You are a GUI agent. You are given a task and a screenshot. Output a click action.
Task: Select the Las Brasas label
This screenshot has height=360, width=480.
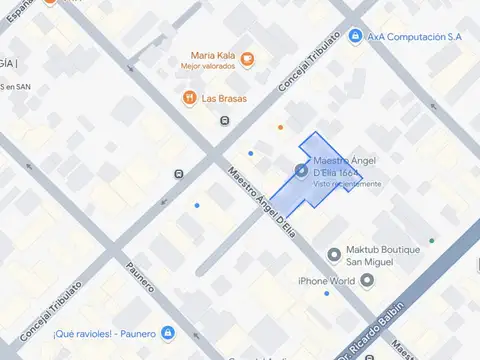224,98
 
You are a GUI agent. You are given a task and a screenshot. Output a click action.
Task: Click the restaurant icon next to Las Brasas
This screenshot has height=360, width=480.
188,98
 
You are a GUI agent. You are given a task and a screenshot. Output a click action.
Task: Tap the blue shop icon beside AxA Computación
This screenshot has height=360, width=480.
354,37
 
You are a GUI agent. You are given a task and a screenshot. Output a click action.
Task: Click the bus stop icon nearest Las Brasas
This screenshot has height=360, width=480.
225,121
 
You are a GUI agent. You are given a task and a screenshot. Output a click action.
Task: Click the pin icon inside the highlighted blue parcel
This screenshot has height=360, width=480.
302,171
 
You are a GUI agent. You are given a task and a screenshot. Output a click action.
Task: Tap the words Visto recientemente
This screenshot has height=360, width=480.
347,184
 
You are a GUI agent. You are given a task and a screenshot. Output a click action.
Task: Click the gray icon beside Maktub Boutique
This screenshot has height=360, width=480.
334,253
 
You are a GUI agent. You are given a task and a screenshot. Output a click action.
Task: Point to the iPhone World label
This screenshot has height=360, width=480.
327,281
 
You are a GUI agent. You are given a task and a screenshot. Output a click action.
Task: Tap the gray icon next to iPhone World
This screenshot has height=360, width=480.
367,281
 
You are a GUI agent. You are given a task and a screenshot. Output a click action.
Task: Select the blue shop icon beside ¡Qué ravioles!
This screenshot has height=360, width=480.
167,333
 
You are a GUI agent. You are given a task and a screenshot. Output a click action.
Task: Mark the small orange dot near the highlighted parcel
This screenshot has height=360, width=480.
281,127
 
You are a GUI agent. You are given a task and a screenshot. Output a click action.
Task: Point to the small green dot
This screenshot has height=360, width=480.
432,240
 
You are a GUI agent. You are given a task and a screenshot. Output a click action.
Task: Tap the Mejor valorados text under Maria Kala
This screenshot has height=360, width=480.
208,66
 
